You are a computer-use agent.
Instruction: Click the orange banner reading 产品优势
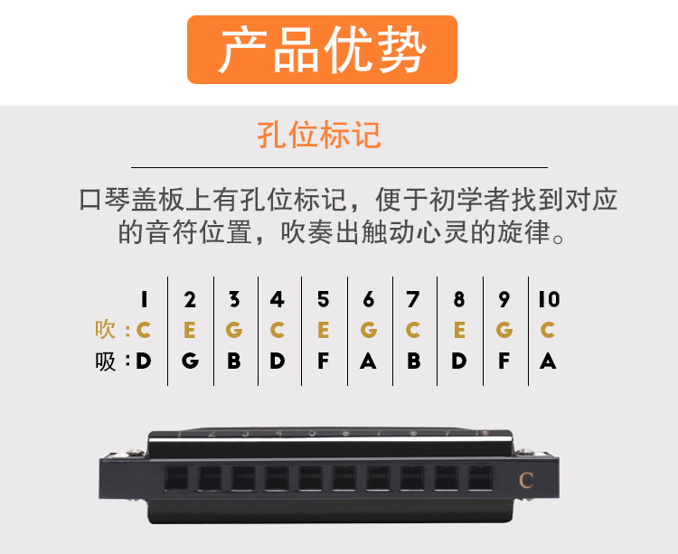tap(322, 50)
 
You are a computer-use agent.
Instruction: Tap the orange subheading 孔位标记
tap(319, 135)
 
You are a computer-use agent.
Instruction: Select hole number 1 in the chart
tap(144, 299)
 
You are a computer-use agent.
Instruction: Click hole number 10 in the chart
tap(549, 299)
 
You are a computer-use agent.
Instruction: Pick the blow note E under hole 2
tap(190, 330)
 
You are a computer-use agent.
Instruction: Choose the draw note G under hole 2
tap(190, 361)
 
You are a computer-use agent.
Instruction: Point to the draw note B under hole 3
tap(234, 361)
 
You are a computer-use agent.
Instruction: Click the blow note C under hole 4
tap(278, 330)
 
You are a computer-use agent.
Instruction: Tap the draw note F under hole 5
tap(323, 361)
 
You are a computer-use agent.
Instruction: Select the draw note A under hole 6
tap(368, 361)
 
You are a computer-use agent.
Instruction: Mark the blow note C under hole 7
tap(413, 330)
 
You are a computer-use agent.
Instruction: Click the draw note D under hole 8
tap(459, 361)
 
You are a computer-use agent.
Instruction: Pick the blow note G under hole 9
tap(504, 330)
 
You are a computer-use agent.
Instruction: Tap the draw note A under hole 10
tap(548, 361)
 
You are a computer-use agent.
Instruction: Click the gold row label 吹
tap(106, 330)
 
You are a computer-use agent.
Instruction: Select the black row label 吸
tap(106, 362)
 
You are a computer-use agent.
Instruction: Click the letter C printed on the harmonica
tap(526, 480)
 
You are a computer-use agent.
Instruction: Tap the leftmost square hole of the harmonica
tap(176, 478)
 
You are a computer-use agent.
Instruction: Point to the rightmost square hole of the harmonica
tap(480, 478)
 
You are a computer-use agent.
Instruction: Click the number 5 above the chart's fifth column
tap(323, 299)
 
